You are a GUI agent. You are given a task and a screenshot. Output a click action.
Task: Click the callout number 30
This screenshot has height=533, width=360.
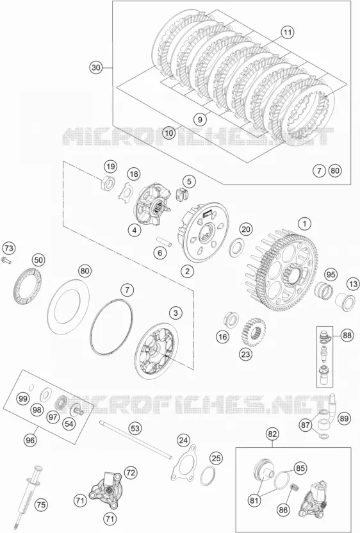[96, 68]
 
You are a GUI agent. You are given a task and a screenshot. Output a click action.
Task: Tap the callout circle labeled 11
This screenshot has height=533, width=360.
[288, 33]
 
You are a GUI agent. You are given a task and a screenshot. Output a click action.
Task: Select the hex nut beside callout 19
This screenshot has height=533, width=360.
[108, 183]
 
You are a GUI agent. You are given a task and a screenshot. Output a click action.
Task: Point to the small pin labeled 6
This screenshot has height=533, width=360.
[164, 240]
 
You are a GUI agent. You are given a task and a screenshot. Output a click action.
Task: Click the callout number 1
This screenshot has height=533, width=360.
[304, 224]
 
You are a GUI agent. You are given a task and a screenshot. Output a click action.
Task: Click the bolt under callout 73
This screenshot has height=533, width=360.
[7, 261]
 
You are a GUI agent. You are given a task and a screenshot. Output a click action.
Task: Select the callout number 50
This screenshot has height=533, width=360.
[38, 260]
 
